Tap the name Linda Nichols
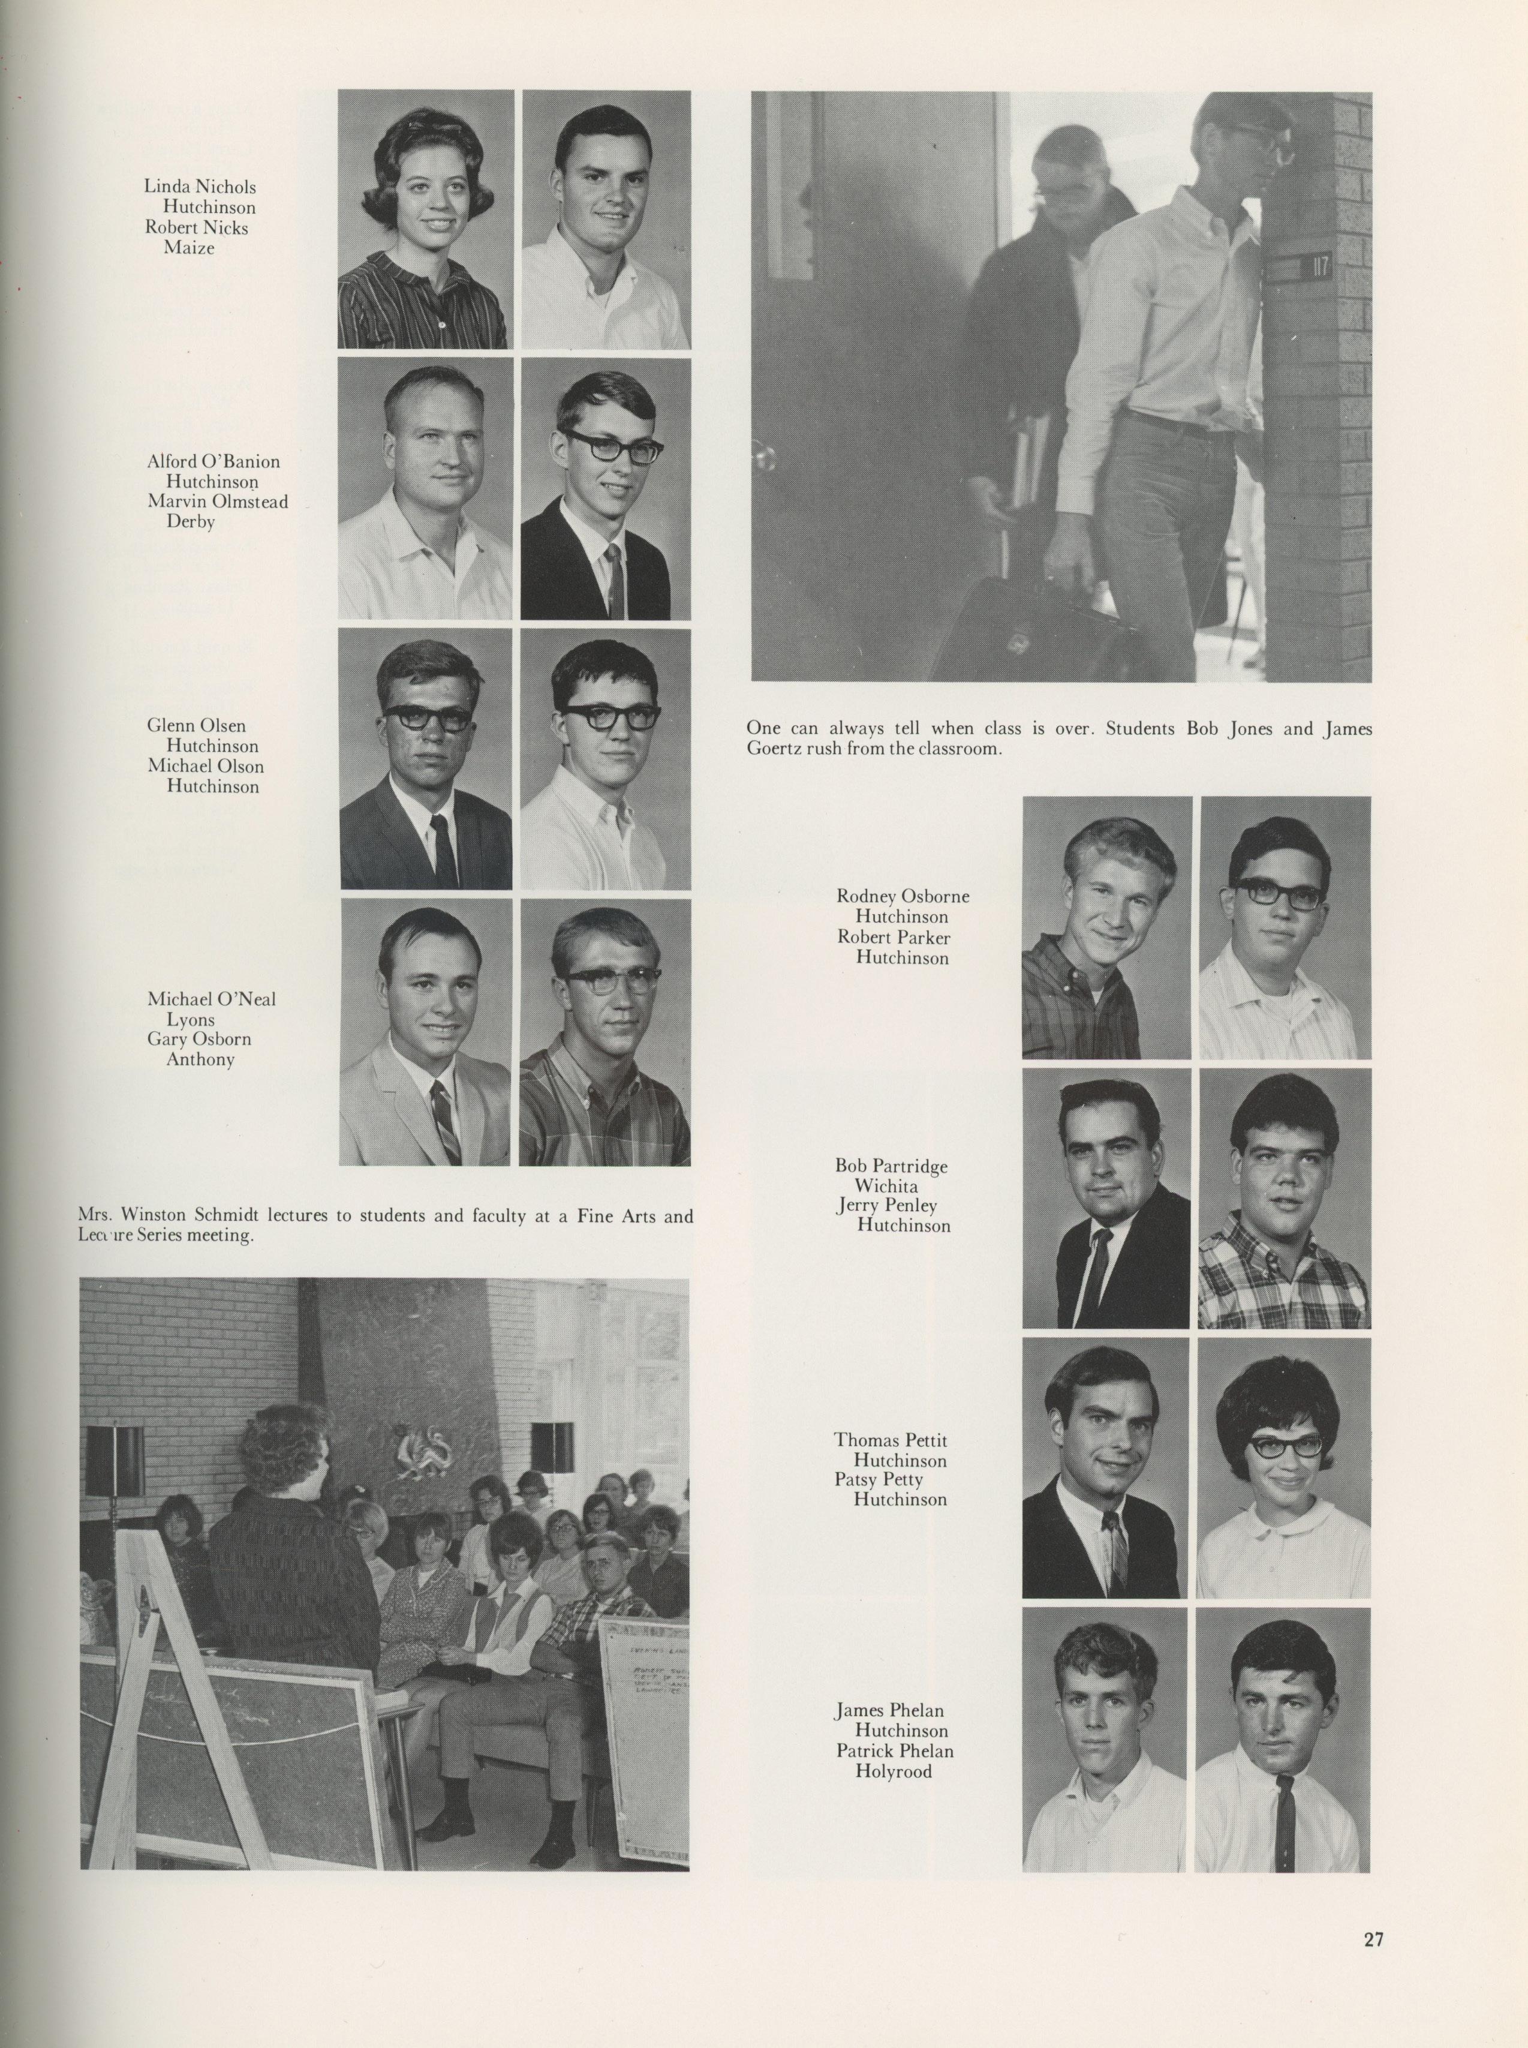200,187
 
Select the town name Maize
189,248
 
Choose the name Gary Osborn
199,1039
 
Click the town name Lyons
191,1019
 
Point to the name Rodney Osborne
903,896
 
